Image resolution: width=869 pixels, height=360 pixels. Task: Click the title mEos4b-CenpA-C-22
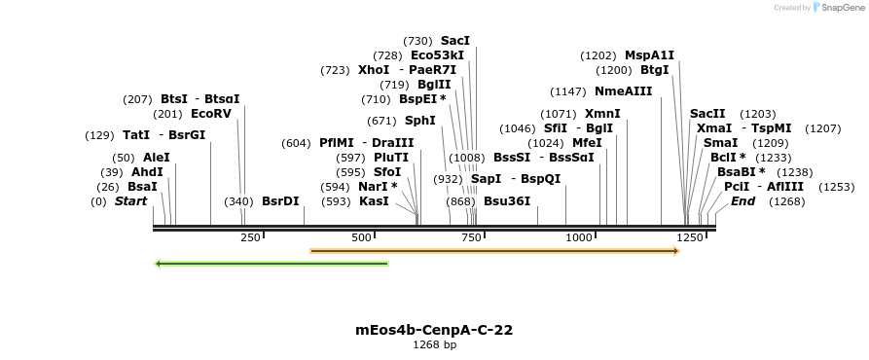434,330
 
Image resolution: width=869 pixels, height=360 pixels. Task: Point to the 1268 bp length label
434,344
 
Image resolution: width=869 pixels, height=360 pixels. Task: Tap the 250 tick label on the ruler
250,237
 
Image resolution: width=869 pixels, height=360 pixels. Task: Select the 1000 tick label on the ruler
580,237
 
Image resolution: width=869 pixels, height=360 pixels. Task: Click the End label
743,201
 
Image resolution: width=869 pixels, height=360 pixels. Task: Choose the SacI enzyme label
455,41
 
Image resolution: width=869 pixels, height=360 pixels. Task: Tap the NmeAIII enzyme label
624,91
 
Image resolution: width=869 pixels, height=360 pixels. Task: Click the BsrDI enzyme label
280,201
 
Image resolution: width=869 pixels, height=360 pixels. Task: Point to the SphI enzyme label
420,121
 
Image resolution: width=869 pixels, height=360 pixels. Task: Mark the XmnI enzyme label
602,114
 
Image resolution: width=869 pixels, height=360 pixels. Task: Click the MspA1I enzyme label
649,55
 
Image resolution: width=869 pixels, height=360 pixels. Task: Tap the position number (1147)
568,91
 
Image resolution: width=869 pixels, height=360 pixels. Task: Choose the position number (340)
238,201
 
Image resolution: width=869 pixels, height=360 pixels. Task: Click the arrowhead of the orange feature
674,251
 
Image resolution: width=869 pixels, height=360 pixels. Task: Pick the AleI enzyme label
156,158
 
